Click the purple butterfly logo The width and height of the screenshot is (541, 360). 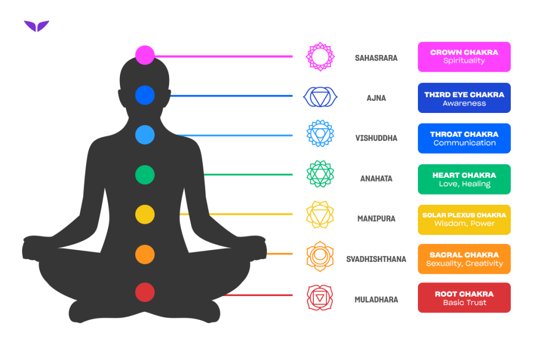(36, 26)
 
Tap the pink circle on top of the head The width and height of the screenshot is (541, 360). (145, 55)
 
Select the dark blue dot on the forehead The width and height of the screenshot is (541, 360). (145, 95)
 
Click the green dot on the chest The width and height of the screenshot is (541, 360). (145, 175)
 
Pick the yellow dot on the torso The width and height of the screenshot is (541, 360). (145, 214)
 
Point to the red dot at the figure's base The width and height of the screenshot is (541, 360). (145, 292)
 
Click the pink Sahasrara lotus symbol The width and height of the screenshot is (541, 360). (320, 56)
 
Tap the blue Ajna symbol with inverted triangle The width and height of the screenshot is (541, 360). (320, 97)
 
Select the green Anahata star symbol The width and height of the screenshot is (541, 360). (320, 174)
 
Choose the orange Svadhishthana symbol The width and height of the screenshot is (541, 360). (320, 256)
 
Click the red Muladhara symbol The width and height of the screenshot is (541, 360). (320, 298)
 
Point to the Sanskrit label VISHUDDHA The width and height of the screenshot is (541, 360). (376, 138)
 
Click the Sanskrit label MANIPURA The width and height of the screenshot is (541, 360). (376, 219)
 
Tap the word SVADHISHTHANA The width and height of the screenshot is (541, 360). (376, 259)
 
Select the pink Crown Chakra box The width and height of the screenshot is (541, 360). (464, 57)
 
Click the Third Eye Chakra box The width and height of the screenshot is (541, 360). (464, 98)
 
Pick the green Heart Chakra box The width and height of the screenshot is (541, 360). (464, 179)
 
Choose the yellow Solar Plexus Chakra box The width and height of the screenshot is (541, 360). (464, 220)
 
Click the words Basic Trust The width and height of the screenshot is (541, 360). (465, 303)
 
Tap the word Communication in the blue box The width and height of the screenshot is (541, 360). (465, 143)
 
